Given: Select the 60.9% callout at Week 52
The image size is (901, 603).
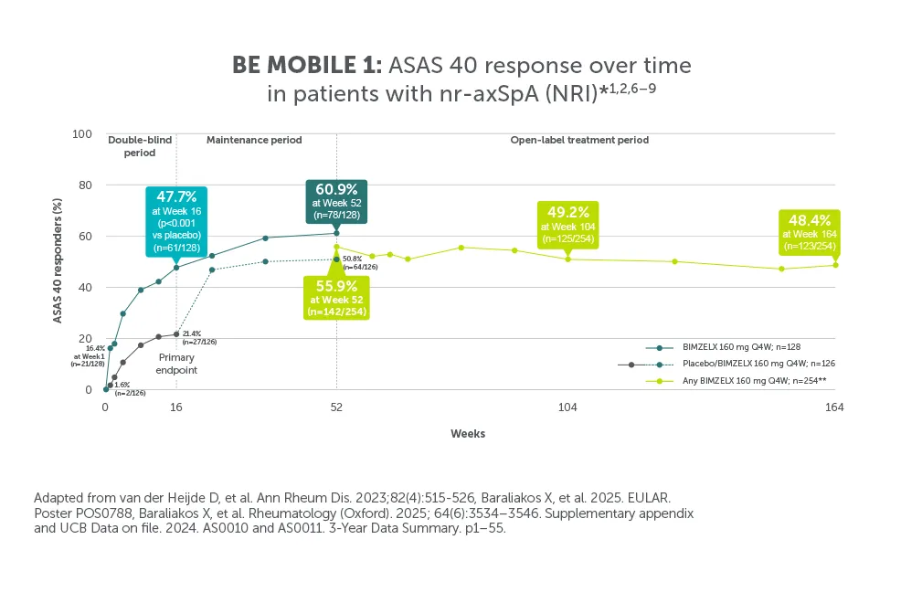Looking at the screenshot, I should coord(336,200).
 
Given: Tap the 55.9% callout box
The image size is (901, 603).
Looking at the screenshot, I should coord(336,294).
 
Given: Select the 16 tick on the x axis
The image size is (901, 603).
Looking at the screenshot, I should coord(176,407).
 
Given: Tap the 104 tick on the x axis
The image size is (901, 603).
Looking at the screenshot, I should coord(567,407).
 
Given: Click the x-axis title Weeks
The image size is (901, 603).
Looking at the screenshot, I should coord(467,434).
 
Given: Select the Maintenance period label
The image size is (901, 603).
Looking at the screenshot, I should coord(254,141).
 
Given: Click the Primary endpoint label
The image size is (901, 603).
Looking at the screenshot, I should coord(177,364).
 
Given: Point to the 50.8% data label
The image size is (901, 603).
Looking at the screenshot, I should coord(359,263).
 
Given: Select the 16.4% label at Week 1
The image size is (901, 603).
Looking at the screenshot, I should coord(90,356).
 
